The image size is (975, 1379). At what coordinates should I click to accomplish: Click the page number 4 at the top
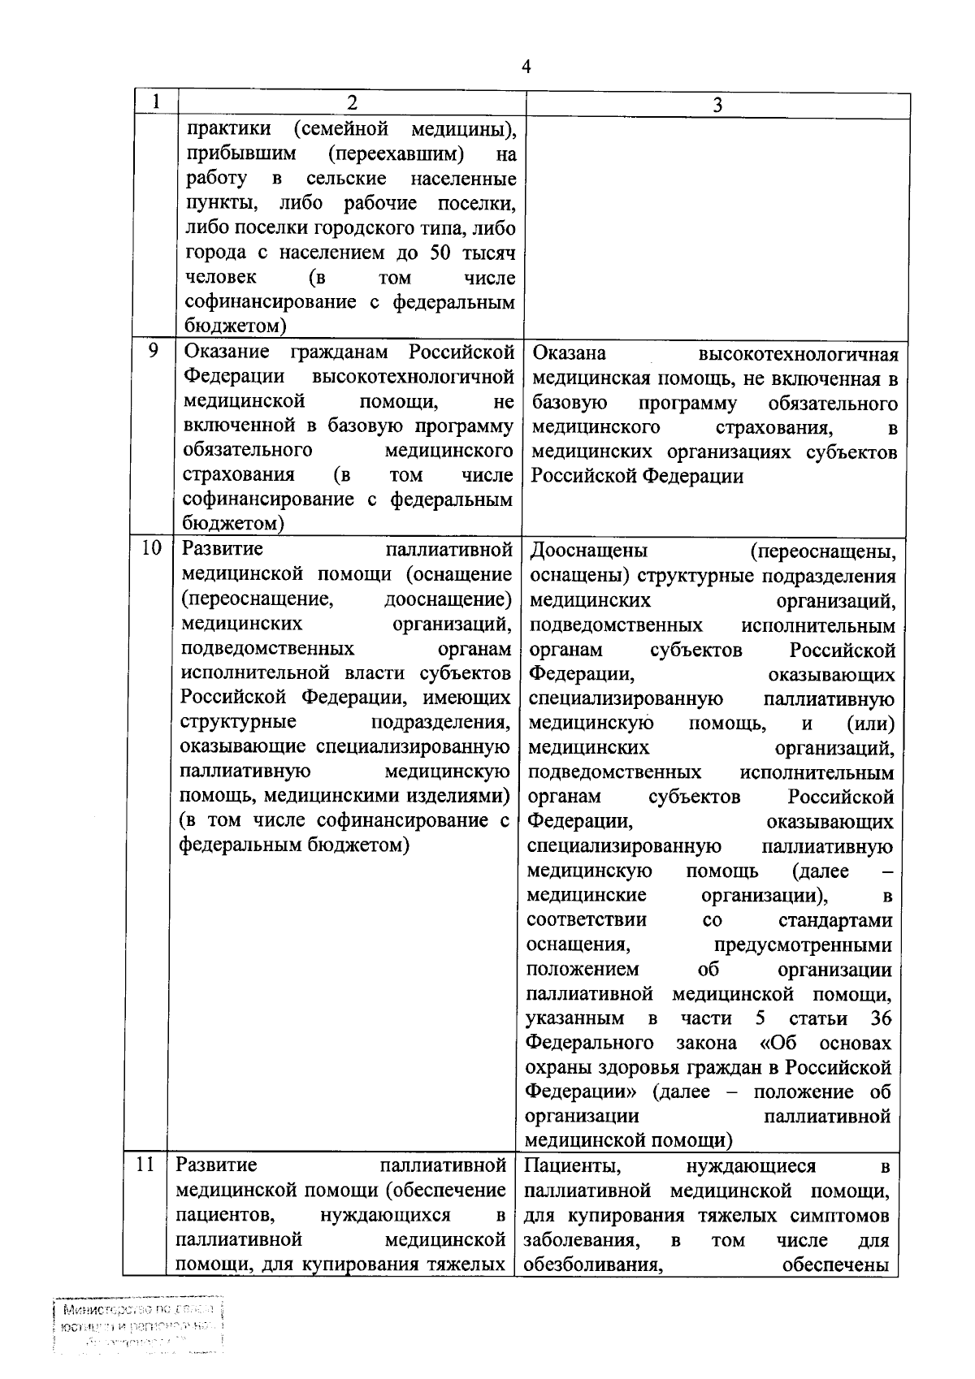point(526,67)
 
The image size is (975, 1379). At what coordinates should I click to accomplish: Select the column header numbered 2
point(351,102)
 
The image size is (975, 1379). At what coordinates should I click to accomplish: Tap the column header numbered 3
point(717,104)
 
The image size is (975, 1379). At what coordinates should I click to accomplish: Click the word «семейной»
point(352,129)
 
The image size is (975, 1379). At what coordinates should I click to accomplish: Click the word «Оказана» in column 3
point(569,354)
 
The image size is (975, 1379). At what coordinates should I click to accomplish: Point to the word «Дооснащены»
point(588,551)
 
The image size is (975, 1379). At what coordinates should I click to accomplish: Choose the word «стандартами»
point(834,920)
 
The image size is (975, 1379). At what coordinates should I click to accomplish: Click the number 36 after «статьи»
point(880,1018)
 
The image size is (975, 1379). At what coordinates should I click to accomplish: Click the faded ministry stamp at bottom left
point(137,1329)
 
